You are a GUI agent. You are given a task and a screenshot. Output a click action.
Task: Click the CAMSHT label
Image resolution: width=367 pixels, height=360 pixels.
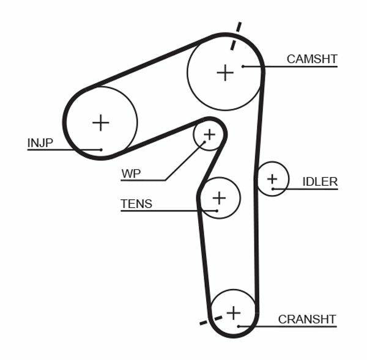click(x=312, y=59)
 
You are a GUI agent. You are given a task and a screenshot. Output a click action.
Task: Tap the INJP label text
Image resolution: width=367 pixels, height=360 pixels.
click(x=40, y=143)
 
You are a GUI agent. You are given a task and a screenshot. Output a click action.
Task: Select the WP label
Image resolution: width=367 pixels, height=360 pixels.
click(x=131, y=174)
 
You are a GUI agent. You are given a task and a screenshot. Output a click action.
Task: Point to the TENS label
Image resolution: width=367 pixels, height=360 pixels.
click(x=136, y=204)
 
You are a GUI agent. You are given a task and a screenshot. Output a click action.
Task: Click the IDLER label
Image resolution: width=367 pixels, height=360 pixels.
click(x=320, y=182)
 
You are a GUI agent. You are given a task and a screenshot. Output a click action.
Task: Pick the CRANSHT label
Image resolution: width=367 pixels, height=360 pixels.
click(x=307, y=319)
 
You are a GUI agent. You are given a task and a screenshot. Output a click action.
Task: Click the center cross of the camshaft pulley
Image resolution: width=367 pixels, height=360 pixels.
click(x=225, y=73)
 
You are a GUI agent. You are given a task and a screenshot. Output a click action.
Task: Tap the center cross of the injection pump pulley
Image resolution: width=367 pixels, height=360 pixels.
click(x=100, y=123)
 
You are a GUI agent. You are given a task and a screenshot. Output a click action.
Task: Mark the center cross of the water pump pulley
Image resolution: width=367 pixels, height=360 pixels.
click(x=209, y=134)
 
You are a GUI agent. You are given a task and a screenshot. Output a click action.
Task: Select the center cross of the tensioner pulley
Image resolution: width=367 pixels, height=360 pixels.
click(x=218, y=197)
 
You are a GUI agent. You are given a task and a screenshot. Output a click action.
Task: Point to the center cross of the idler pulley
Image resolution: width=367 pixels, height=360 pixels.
click(x=272, y=179)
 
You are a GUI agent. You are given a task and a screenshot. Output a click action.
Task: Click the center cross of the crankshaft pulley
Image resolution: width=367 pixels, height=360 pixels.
click(x=233, y=313)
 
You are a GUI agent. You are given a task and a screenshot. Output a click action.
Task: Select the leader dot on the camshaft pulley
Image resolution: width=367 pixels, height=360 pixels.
click(x=243, y=66)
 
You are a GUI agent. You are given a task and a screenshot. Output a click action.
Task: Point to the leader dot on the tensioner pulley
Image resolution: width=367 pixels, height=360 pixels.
click(x=217, y=211)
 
